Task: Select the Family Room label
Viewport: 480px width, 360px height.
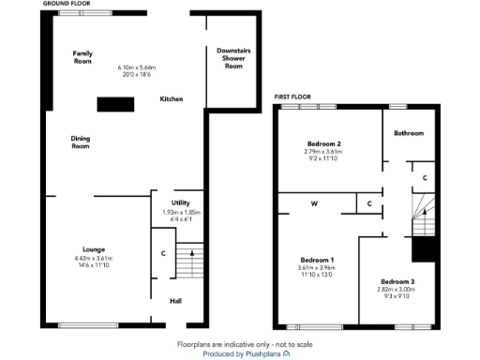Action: coord(83,56)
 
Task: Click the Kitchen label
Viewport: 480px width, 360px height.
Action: coord(171,98)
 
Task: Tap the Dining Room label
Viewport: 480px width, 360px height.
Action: coord(81,142)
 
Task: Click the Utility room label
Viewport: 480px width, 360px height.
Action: coord(181,202)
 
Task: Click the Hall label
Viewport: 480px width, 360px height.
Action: coord(175,301)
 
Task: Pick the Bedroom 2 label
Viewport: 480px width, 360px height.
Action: coord(323,143)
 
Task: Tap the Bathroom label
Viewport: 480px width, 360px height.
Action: coord(409,133)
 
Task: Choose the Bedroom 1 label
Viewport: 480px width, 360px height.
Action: coord(317,259)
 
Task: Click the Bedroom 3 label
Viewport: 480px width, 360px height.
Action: coord(397,281)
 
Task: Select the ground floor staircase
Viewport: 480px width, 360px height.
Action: coord(189,262)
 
